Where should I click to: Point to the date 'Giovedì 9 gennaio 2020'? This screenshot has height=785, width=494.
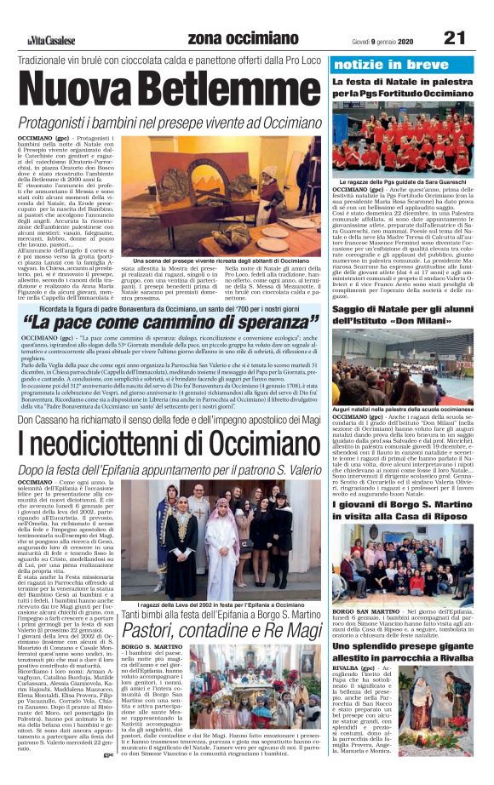coord(381,39)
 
